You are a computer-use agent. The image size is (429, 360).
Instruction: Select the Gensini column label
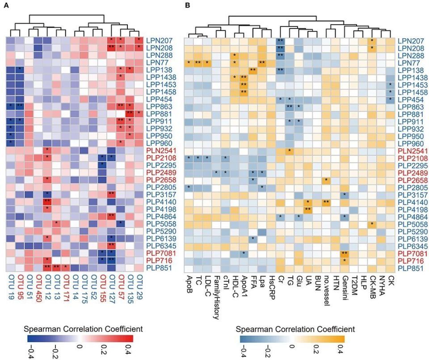pyautogui.click(x=345, y=289)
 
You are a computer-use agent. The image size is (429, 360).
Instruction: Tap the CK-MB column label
pyautogui.click(x=373, y=288)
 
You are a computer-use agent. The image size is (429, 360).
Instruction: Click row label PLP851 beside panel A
pyautogui.click(x=160, y=268)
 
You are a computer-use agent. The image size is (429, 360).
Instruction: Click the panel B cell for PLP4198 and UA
pyautogui.click(x=307, y=209)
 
